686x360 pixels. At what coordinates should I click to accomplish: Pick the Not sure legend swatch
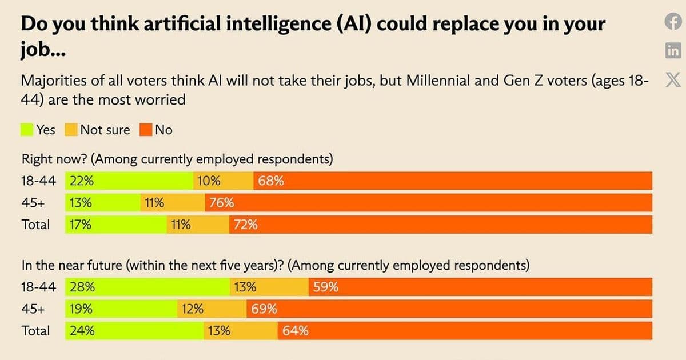click(71, 130)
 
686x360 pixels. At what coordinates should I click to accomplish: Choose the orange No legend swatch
click(145, 130)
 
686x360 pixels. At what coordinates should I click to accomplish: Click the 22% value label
click(82, 181)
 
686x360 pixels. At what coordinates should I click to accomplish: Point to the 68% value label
click(271, 181)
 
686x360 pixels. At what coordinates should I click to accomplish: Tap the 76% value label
click(221, 203)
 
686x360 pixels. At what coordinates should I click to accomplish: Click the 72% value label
click(245, 225)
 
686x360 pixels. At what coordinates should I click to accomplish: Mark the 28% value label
click(82, 287)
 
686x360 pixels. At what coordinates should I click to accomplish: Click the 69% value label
click(264, 309)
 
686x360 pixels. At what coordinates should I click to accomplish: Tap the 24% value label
click(82, 331)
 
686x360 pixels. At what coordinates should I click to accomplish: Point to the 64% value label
click(296, 331)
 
